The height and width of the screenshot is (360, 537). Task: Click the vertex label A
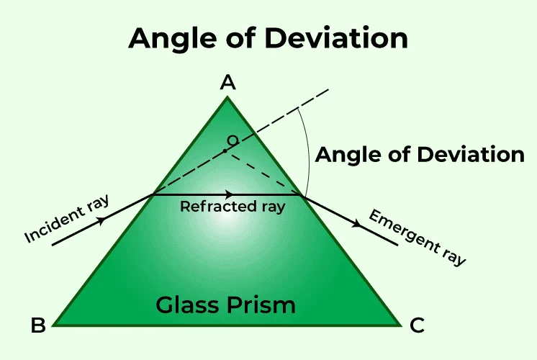click(x=227, y=83)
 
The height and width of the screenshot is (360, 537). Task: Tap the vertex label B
click(x=38, y=325)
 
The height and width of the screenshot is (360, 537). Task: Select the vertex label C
click(x=417, y=325)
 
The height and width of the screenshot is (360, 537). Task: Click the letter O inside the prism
click(x=233, y=140)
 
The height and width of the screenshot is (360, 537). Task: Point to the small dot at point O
click(x=225, y=150)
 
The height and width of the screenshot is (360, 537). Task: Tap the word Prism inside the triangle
click(x=262, y=305)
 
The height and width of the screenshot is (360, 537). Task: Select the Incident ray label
click(x=66, y=219)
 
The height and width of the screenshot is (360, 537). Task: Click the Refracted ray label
click(x=233, y=207)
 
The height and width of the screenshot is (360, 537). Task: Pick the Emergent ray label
click(x=417, y=237)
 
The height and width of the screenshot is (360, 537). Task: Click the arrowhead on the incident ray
click(x=103, y=220)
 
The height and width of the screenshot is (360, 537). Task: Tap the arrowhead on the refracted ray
click(x=228, y=194)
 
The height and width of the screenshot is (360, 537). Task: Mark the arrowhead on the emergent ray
click(x=356, y=224)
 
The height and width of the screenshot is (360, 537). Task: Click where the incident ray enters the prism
click(x=153, y=194)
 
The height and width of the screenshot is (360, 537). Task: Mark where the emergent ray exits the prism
click(x=303, y=195)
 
